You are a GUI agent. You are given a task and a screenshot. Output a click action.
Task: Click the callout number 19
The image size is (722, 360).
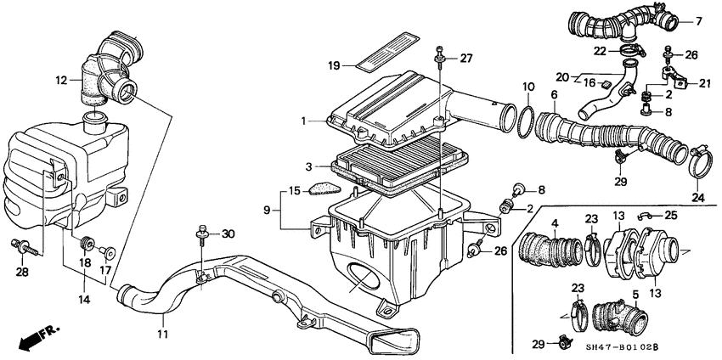tap(334, 65)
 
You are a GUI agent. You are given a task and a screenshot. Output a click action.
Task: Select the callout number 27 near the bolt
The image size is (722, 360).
tap(465, 58)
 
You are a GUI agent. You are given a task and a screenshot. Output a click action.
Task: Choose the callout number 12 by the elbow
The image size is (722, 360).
tap(60, 81)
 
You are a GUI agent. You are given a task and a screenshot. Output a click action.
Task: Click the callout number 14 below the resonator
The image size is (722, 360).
tap(83, 300)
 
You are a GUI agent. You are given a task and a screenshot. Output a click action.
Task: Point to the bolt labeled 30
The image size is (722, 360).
tap(203, 233)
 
